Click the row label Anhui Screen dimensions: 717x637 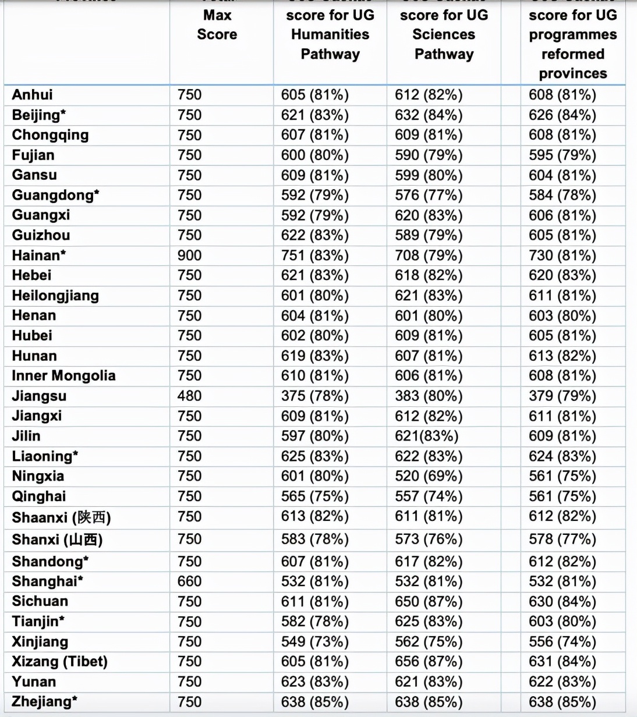tap(33, 95)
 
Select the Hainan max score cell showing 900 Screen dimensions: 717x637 tap(190, 255)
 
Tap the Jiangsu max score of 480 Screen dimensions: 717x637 tap(190, 396)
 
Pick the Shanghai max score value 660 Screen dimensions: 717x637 tap(190, 581)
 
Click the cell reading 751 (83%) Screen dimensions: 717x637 tap(314, 255)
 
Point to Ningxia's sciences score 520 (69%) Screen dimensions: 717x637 tap(429, 476)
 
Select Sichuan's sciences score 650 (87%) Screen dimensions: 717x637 tap(429, 601)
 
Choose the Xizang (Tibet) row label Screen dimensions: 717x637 tap(60, 662)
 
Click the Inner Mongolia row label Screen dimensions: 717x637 tap(63, 376)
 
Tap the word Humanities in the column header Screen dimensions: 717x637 tap(330, 34)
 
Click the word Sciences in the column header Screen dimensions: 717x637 tap(444, 34)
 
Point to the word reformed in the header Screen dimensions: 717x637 tap(573, 54)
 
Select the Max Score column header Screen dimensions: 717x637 tap(217, 24)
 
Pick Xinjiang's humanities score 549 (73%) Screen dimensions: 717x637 tap(314, 641)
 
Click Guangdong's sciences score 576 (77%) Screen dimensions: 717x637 tap(429, 195)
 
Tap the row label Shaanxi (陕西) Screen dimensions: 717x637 tap(61, 517)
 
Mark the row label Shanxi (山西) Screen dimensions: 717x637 tap(57, 539)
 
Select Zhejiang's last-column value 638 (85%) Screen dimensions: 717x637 tap(562, 702)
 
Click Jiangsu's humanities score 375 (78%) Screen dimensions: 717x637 tap(314, 396)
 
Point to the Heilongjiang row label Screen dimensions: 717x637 tap(55, 296)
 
